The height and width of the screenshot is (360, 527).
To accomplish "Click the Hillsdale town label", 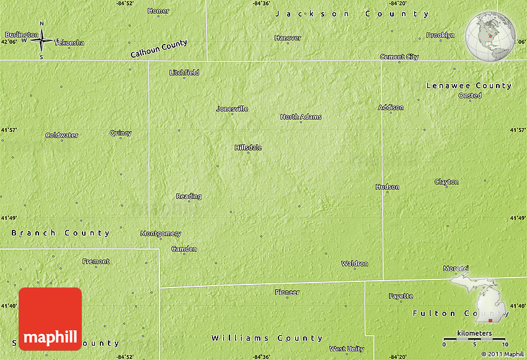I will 248,147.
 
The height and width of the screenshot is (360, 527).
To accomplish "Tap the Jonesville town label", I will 232,108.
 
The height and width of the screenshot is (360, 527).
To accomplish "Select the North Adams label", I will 301,116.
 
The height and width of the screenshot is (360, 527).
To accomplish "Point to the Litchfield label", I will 184,72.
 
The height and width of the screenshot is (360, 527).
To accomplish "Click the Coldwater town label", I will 61,135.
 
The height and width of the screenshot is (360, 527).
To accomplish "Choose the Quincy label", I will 120,133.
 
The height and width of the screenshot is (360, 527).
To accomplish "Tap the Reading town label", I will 188,196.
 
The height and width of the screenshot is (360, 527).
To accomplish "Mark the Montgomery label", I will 161,234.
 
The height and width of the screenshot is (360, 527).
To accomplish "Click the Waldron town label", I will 355,263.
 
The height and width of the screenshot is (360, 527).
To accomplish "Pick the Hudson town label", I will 387,187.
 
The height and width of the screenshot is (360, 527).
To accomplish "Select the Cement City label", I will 399,57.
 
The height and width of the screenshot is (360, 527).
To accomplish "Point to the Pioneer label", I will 287,292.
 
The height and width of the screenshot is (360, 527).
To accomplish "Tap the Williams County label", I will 267,338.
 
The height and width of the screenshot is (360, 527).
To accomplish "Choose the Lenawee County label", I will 469,86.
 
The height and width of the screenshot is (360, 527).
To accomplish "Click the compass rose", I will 42,40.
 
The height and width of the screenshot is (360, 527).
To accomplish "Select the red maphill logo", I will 50,319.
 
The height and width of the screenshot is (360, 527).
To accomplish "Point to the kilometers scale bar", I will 474,338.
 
